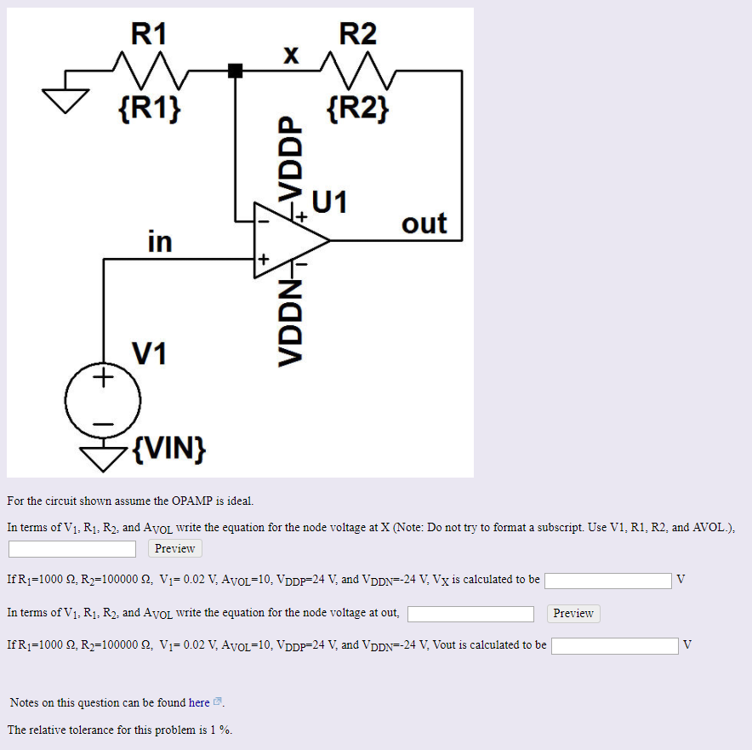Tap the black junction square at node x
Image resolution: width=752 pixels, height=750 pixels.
236,72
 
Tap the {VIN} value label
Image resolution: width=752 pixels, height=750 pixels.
169,447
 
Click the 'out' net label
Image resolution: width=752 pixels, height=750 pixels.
424,223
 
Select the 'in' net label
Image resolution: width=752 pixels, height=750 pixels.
159,242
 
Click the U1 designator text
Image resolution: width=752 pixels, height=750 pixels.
330,202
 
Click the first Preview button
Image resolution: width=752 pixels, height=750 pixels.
174,548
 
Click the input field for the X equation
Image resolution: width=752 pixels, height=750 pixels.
72,549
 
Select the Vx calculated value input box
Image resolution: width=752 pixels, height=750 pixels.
608,581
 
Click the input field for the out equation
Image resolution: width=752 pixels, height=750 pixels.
470,614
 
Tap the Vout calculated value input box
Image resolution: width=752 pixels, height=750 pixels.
615,646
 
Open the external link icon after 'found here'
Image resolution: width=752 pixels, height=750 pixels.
218,702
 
